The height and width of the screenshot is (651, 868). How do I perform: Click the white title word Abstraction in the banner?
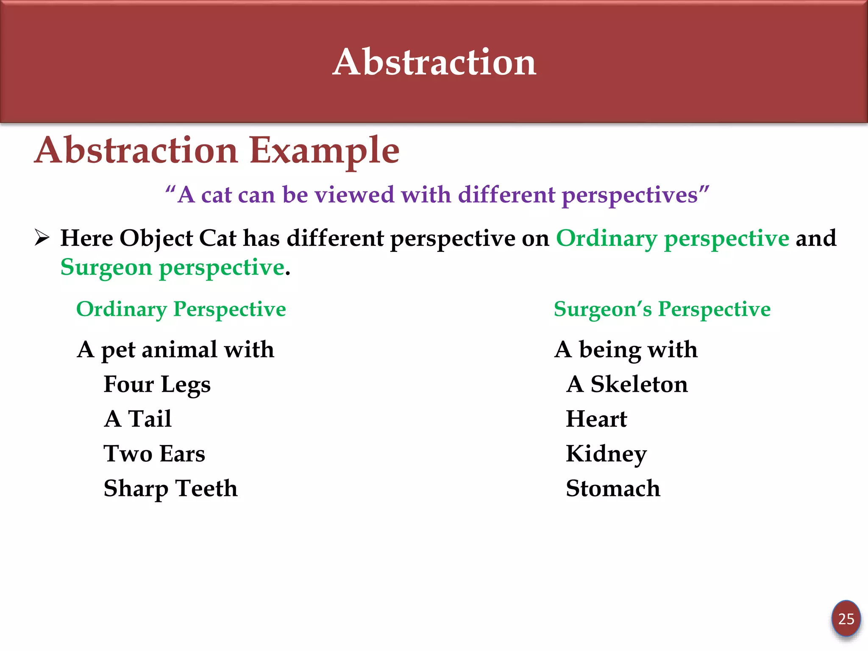434,62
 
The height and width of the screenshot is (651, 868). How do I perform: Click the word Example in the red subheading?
324,150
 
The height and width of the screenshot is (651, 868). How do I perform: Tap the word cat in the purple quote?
217,195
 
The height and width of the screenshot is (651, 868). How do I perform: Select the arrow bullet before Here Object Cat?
42,237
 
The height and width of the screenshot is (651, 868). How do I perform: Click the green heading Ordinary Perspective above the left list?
181,309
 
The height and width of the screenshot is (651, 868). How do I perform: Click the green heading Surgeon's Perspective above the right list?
662,309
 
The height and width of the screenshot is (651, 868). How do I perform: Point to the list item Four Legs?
157,385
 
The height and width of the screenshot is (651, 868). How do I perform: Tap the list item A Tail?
138,419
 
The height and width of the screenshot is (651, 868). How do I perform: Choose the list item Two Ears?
154,454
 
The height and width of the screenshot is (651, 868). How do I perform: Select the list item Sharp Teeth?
170,489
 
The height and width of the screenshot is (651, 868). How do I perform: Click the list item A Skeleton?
627,384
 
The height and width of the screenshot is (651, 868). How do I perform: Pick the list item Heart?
596,419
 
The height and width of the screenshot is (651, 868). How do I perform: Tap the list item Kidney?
606,454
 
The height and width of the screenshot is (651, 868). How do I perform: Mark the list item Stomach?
613,489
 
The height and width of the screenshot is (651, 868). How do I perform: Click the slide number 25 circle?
846,619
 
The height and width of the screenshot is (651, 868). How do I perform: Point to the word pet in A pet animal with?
118,351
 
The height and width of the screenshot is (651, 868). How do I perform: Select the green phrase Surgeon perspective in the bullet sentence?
172,268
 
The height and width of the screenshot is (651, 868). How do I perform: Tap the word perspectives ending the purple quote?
630,195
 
